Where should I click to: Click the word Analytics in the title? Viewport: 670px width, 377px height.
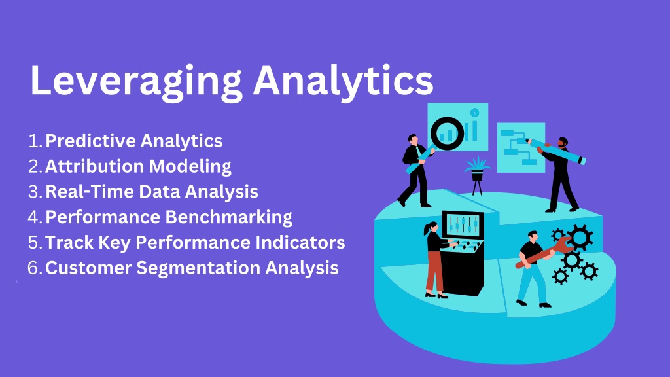tap(343, 82)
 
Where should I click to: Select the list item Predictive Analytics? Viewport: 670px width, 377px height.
tap(133, 141)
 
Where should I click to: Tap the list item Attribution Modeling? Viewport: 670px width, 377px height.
tap(138, 166)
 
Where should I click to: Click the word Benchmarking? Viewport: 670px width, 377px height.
tap(228, 217)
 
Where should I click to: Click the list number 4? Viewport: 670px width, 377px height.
tap(35, 217)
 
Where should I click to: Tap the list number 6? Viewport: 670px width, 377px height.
tap(34, 268)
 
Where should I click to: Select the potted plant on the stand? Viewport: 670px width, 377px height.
tap(477, 175)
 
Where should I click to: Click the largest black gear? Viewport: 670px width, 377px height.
tap(579, 238)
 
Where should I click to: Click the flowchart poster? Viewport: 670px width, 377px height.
tap(521, 147)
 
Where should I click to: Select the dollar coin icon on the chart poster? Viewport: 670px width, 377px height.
tap(474, 113)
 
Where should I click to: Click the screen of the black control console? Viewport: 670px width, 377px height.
tap(463, 224)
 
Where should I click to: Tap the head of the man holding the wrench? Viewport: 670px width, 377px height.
tap(533, 236)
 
